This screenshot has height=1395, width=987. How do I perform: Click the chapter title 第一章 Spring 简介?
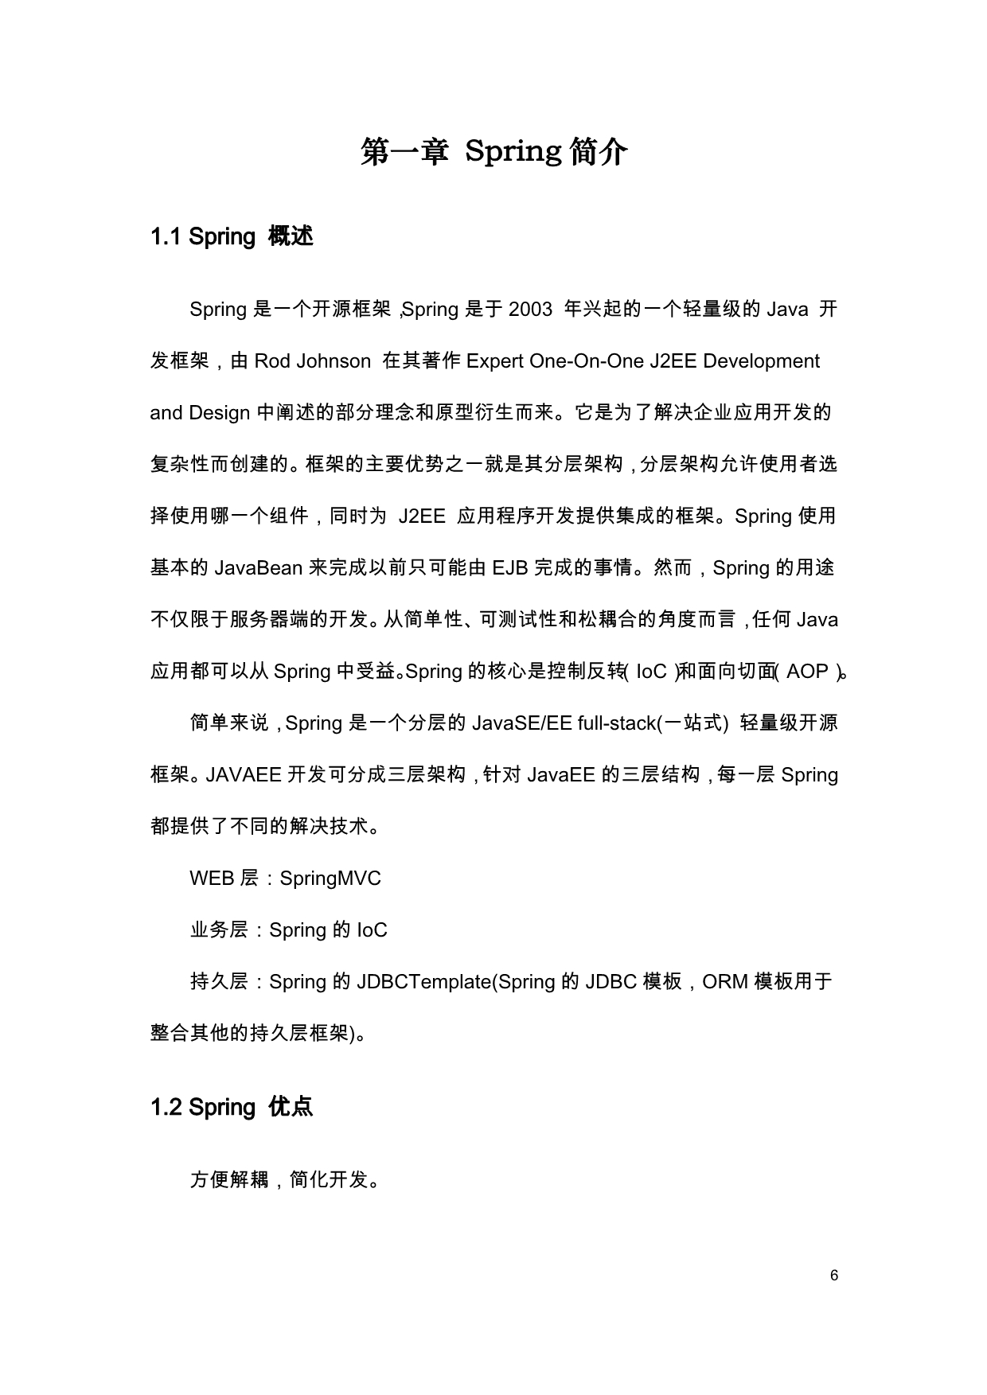point(494,151)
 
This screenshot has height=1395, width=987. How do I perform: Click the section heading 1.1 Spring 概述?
point(232,236)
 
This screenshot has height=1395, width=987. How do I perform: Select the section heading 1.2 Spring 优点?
point(232,1107)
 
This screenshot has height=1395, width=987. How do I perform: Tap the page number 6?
point(834,1276)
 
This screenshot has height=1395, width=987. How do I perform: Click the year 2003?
point(530,310)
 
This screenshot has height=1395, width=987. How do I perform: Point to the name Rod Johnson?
point(312,361)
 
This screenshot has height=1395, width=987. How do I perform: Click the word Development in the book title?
point(761,361)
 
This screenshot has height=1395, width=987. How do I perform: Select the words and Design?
point(200,413)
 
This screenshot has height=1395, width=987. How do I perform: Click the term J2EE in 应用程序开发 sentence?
point(422,516)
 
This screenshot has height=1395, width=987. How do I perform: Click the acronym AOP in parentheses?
point(807,672)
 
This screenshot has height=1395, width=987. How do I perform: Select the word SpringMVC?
point(330,879)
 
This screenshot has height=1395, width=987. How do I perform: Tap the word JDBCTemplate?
point(425,982)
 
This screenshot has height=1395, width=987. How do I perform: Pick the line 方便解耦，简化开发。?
point(284,1179)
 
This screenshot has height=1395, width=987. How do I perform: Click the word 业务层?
point(219,930)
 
